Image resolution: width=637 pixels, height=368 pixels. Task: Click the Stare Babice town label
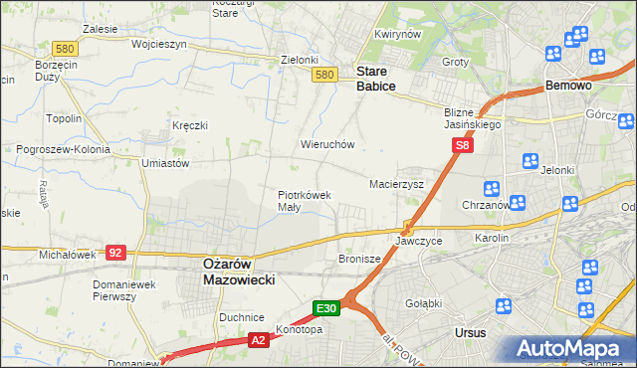pyautogui.click(x=376, y=80)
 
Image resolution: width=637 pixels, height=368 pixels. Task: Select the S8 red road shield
pyautogui.click(x=462, y=145)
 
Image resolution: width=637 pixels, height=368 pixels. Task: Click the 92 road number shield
pyautogui.click(x=115, y=253)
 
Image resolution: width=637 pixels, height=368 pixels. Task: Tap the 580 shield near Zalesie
pyautogui.click(x=66, y=48)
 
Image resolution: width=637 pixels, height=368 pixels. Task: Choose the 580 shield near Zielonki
pyautogui.click(x=322, y=75)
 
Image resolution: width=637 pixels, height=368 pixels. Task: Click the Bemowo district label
pyautogui.click(x=569, y=87)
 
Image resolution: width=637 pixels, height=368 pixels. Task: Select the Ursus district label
pyautogui.click(x=468, y=332)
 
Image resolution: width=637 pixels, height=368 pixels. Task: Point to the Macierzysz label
pyautogui.click(x=396, y=184)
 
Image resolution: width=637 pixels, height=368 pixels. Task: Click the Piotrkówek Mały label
pyautogui.click(x=304, y=201)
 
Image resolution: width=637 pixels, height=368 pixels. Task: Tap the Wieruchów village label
pyautogui.click(x=327, y=144)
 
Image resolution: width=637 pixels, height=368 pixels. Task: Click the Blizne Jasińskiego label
pyautogui.click(x=473, y=119)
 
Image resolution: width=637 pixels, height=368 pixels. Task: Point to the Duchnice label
pyautogui.click(x=241, y=317)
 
